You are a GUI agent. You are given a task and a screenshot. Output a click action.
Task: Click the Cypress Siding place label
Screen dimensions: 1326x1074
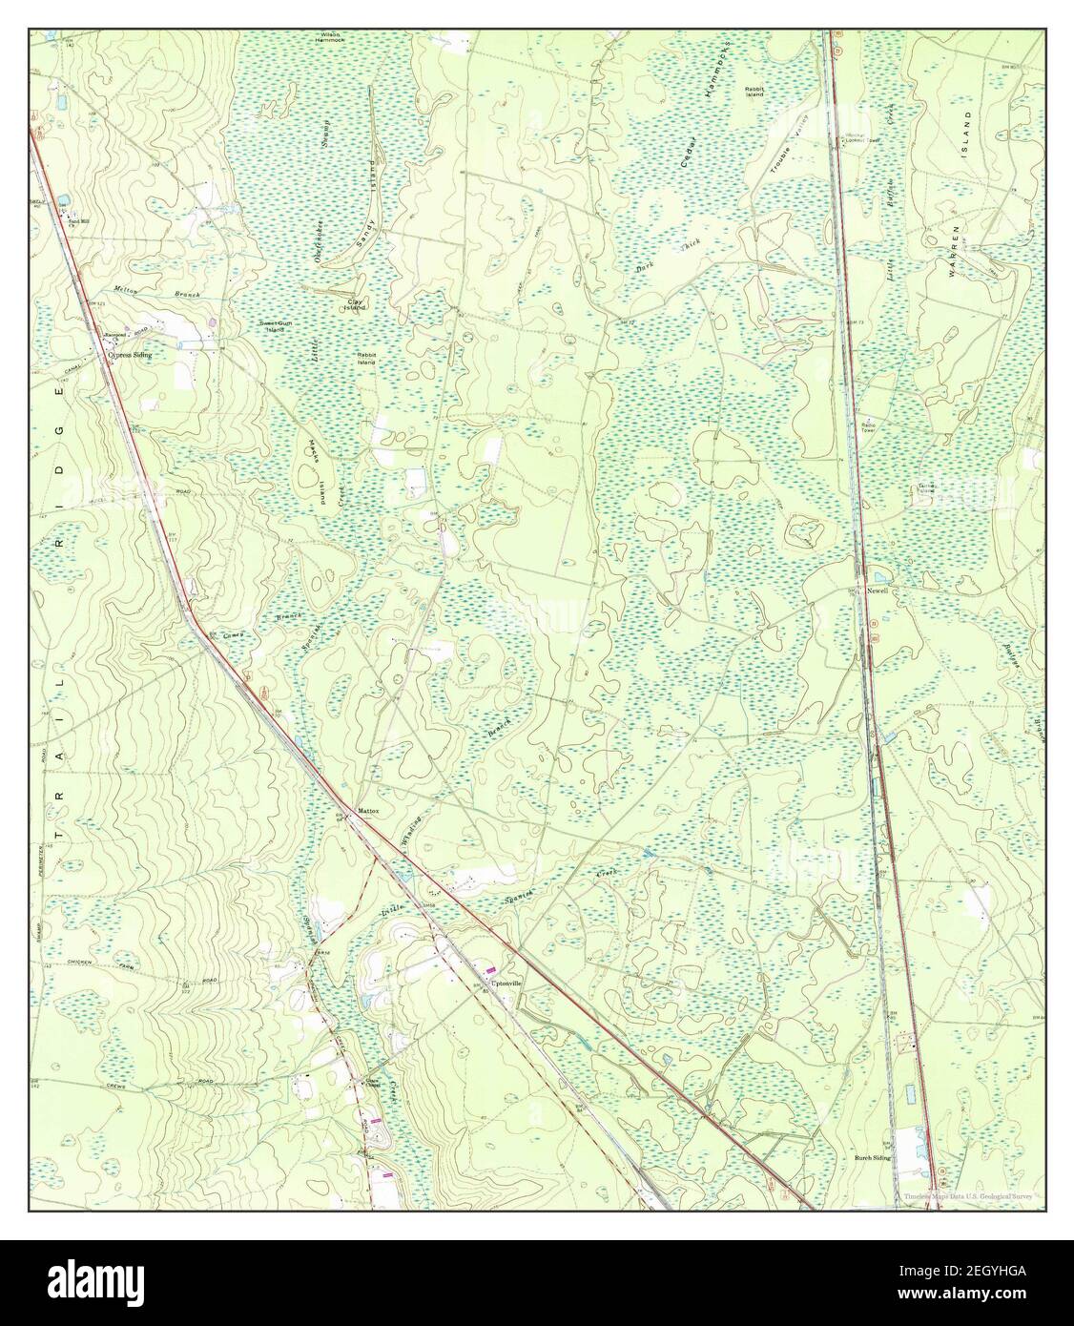click(130, 354)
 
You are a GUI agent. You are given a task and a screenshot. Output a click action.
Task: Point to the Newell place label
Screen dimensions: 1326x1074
click(878, 591)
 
